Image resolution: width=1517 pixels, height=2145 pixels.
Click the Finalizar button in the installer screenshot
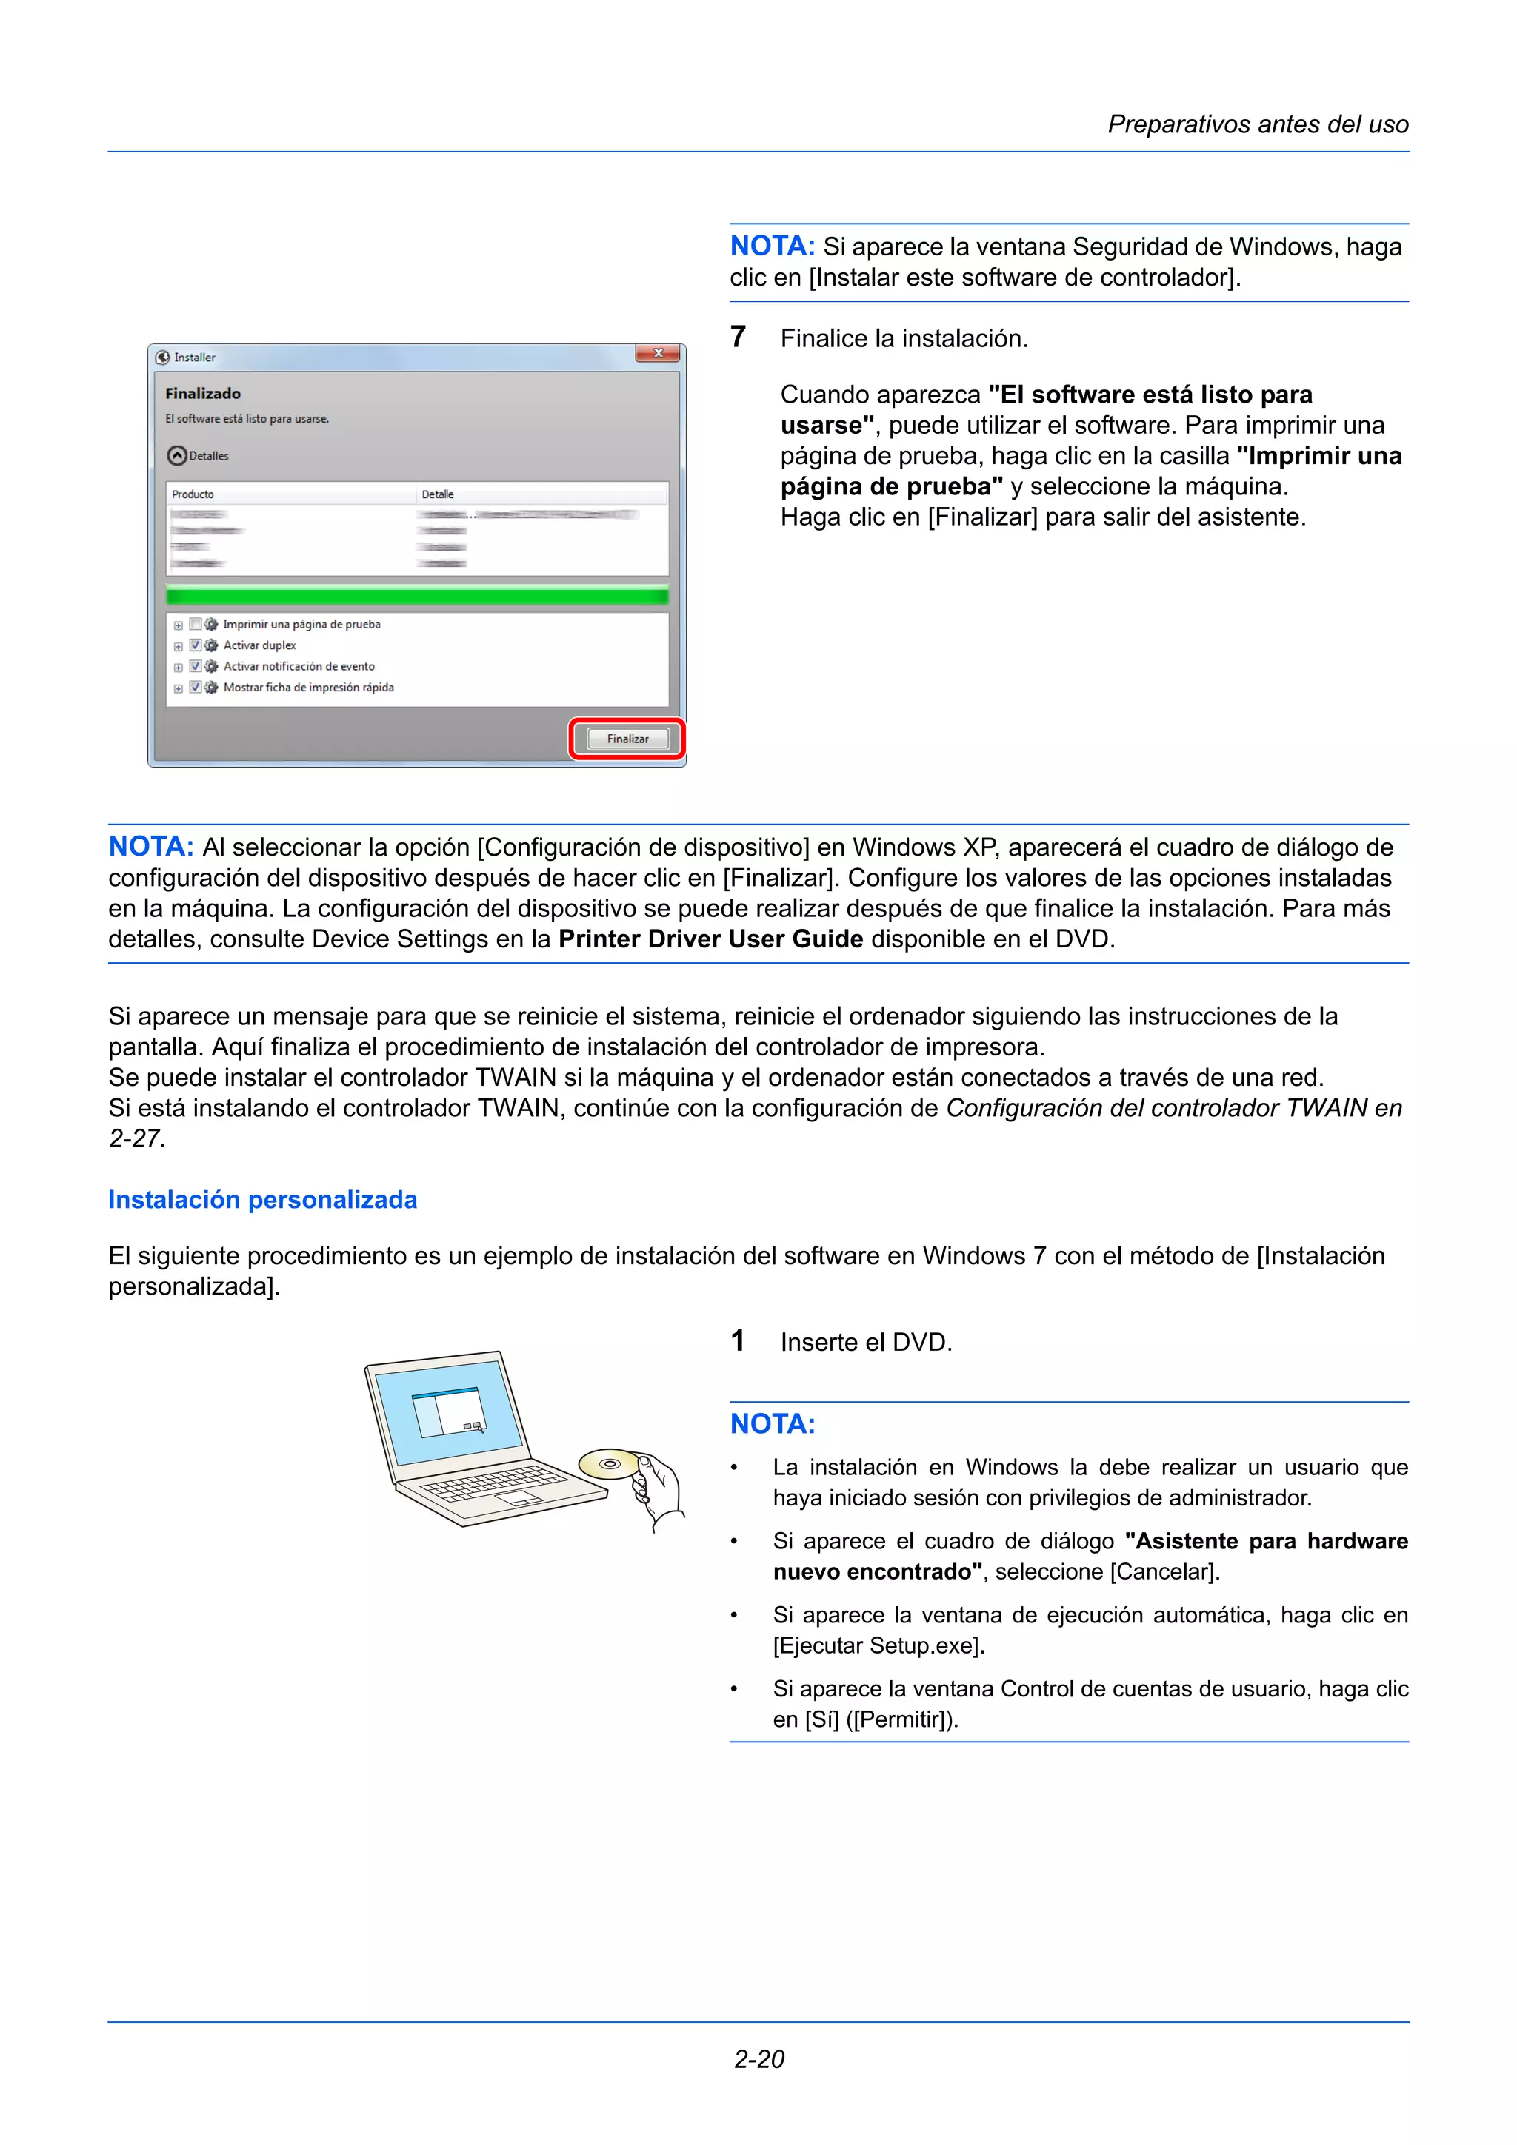[627, 739]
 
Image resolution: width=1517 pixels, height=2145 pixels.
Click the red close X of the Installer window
[658, 353]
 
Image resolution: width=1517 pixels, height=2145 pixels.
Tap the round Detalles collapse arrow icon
[176, 456]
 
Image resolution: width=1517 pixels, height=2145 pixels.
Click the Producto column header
[193, 494]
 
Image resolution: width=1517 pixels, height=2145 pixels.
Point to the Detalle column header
[438, 494]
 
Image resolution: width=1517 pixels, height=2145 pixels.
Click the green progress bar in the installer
[417, 596]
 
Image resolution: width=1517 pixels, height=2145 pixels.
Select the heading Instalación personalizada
[263, 1200]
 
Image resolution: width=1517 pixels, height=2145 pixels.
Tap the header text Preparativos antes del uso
[1257, 124]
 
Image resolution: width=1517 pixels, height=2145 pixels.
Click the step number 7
[738, 338]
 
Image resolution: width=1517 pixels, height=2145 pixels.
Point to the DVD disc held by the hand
[608, 1463]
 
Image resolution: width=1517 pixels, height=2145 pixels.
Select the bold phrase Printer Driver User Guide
[710, 939]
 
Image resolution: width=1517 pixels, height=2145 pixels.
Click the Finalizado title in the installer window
[203, 393]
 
